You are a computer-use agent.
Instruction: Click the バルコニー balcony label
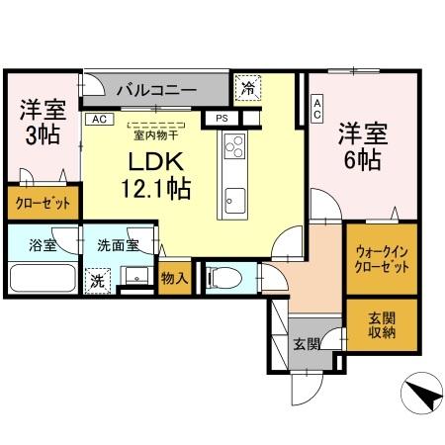point(156,90)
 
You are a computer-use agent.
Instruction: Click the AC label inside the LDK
point(98,119)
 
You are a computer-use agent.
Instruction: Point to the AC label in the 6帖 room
point(316,109)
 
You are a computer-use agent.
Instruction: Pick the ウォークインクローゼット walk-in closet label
point(381,259)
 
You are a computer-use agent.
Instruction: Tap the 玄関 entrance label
point(307,344)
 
